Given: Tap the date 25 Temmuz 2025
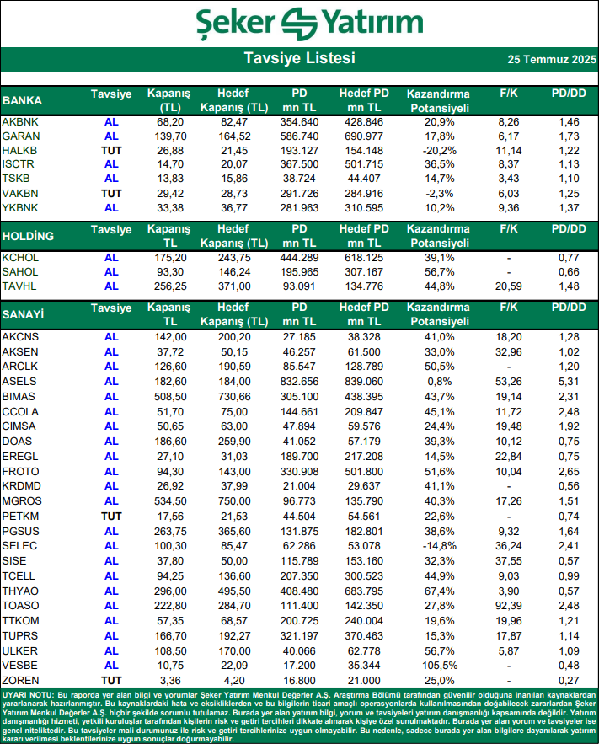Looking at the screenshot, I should pyautogui.click(x=552, y=60).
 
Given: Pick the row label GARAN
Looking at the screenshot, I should pyautogui.click(x=21, y=136).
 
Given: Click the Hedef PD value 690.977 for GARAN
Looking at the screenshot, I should pyautogui.click(x=364, y=136).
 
